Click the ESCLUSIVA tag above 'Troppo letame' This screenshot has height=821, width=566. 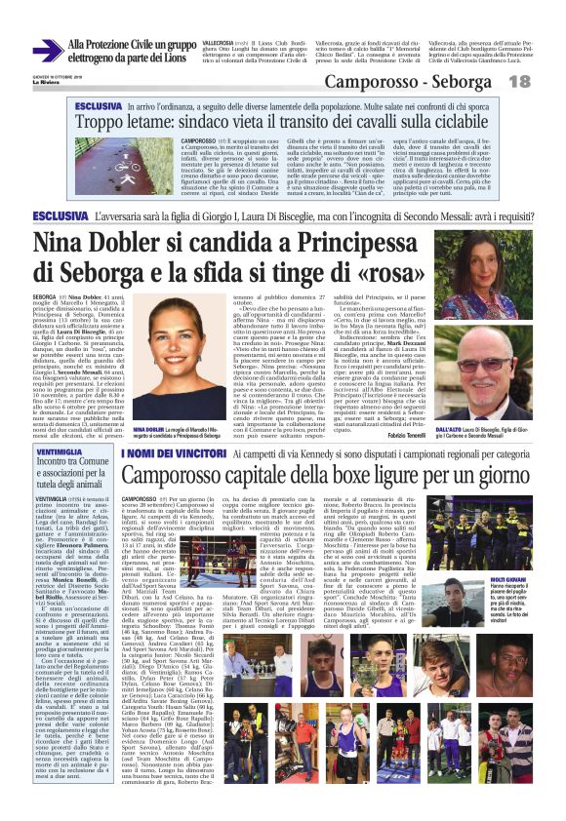pos(99,104)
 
